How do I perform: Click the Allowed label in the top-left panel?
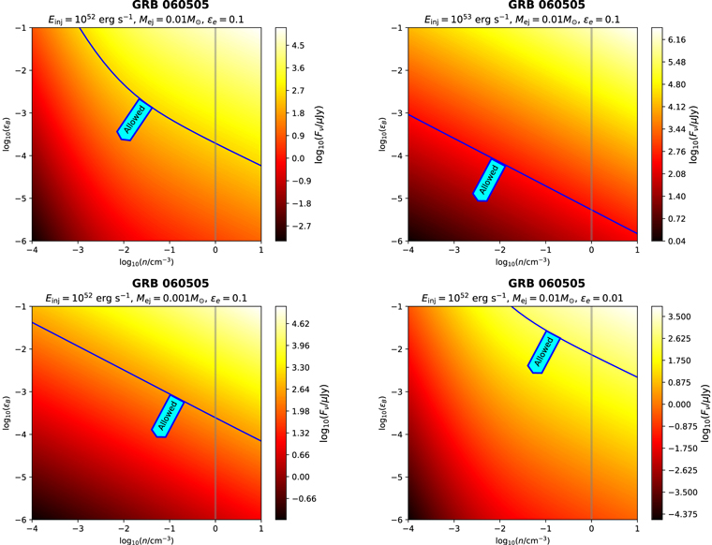133,119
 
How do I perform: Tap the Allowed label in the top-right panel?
489,181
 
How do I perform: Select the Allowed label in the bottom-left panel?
169,417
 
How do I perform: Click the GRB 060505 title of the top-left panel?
147,6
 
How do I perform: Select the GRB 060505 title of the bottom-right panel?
522,284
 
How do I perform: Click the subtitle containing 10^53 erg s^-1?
522,19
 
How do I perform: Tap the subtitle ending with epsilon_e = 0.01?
522,297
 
